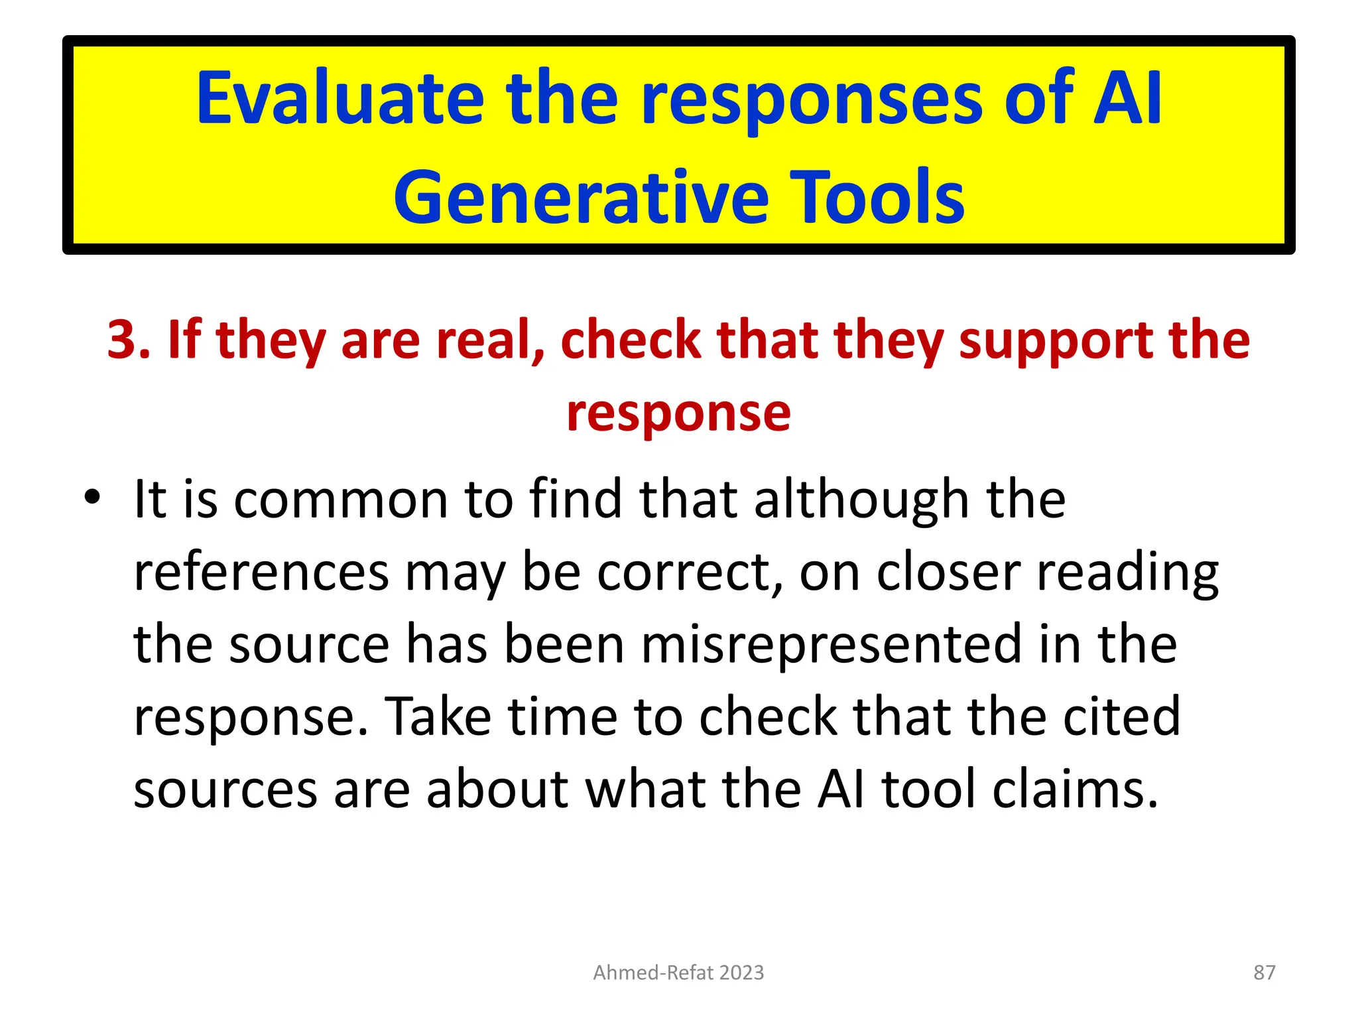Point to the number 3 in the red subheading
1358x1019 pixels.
coord(122,340)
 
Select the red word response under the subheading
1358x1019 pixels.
coord(679,413)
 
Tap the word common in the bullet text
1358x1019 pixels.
coord(341,499)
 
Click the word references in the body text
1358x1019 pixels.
coord(261,572)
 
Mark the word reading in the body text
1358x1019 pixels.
coord(1127,572)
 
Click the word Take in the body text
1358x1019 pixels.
coord(438,717)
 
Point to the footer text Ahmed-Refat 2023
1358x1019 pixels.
coord(678,973)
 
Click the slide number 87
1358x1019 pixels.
coord(1264,973)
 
